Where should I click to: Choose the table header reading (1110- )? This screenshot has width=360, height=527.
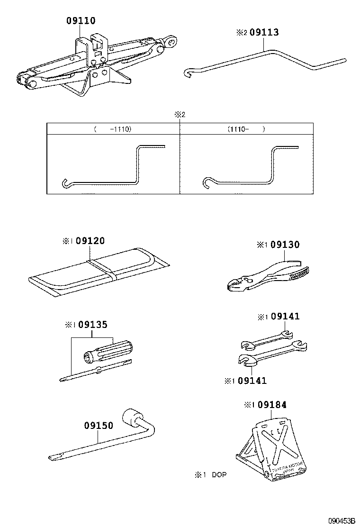pyautogui.click(x=246, y=129)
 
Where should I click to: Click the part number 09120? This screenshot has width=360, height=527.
pyautogui.click(x=90, y=241)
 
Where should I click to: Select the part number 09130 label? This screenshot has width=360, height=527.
pyautogui.click(x=285, y=245)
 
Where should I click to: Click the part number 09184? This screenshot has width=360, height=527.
pyautogui.click(x=271, y=405)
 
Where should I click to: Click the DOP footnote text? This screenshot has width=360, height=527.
pyautogui.click(x=211, y=474)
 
